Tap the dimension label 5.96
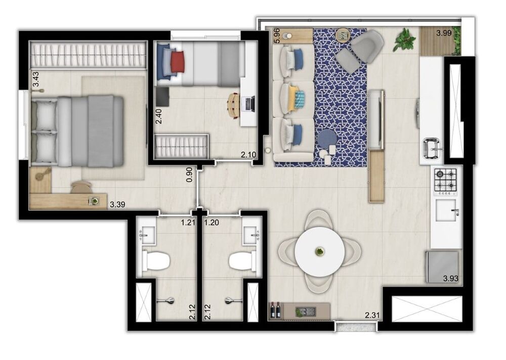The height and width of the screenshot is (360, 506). tap(277, 35)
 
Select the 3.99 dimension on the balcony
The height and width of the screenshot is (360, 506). tap(444, 34)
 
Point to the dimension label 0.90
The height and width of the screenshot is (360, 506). tap(189, 174)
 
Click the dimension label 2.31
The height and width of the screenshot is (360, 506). tap(373, 317)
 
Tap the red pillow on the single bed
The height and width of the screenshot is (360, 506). tap(178, 62)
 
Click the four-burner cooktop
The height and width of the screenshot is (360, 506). tap(446, 181)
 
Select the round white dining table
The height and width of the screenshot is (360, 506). tap(320, 251)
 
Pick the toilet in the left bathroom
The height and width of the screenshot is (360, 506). tap(156, 261)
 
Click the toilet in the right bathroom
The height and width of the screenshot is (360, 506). tap(241, 261)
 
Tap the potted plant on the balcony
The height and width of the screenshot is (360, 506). tap(405, 39)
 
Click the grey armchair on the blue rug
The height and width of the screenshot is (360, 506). tap(363, 48)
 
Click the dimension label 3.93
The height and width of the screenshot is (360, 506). tap(451, 279)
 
